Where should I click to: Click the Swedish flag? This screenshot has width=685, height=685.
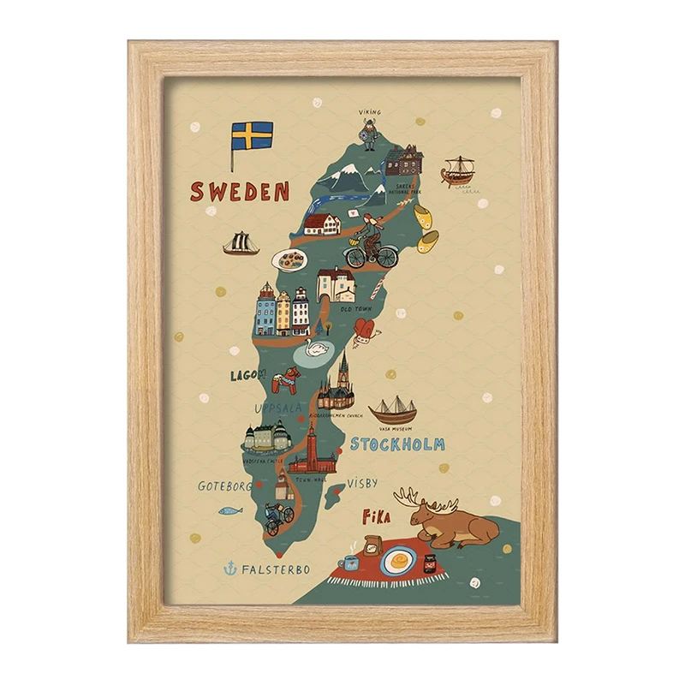[x=252, y=135]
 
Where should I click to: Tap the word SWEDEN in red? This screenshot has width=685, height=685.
[x=239, y=191]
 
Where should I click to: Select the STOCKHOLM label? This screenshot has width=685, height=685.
[x=397, y=444]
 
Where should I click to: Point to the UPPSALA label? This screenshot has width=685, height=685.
[x=276, y=408]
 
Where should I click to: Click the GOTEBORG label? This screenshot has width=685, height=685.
[x=225, y=485]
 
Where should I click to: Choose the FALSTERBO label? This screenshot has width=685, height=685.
[x=276, y=569]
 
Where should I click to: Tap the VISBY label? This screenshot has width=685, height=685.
[x=361, y=483]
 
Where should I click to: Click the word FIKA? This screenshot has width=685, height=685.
[x=376, y=517]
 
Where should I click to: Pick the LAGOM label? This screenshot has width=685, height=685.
[x=247, y=375]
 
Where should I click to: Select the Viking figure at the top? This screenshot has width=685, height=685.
[x=369, y=134]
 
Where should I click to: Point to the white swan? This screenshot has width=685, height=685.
[x=318, y=348]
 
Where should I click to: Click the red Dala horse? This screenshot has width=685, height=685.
[x=286, y=380]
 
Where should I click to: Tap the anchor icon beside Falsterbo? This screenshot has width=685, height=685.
[x=229, y=568]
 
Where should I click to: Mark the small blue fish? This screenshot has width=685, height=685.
[x=230, y=511]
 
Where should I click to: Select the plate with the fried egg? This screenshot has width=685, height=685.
[x=395, y=563]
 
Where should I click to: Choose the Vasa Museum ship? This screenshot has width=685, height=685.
[x=392, y=410]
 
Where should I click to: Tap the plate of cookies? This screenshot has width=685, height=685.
[x=289, y=259]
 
